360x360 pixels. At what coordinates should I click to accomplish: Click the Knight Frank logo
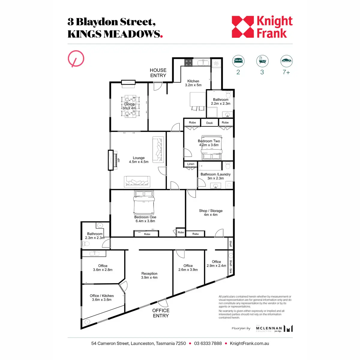pos(262,27)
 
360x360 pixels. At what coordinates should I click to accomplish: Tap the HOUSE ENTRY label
pos(158,73)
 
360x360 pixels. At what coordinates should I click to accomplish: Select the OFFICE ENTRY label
pos(161,313)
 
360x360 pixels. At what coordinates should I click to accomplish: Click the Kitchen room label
pos(193,83)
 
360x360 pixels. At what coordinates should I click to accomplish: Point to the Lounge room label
pos(139,160)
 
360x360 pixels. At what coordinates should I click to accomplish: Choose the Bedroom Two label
pos(209,143)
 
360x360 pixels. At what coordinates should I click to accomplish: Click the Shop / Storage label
pos(211,213)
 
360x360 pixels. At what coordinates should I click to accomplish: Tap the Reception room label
pos(149,275)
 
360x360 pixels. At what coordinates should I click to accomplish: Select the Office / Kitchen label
pos(102,298)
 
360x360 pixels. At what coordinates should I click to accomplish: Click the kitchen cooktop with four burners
pos(188,62)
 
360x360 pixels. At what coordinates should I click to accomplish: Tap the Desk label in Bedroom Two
pos(209,123)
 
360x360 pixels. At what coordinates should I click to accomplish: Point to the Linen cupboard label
pos(191,164)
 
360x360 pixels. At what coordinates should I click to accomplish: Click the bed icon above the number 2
pos(238,61)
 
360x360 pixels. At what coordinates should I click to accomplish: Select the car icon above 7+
pos(286,61)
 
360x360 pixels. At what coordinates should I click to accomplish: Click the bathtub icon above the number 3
pos(262,61)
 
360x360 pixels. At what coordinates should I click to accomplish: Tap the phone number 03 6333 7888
pos(208,343)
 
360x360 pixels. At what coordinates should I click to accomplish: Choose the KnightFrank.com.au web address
pos(249,343)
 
